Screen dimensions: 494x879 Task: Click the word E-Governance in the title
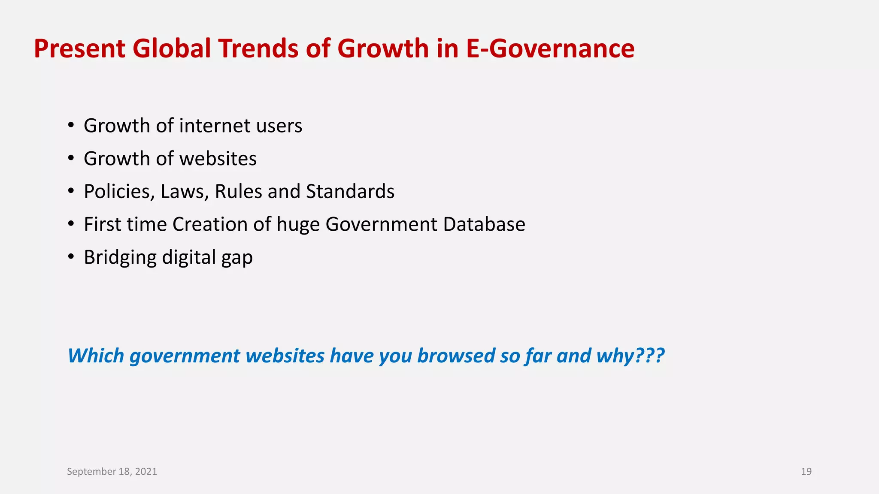point(550,48)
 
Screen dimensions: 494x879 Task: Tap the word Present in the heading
point(79,48)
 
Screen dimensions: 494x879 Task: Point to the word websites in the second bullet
point(218,159)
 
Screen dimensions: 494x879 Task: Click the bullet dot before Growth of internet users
point(71,126)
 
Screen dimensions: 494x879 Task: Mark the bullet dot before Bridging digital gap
point(71,257)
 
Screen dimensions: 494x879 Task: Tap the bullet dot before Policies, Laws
point(71,192)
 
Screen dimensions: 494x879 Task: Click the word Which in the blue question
point(96,356)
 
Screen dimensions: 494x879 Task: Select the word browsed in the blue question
point(455,356)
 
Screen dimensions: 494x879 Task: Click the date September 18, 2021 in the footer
point(112,472)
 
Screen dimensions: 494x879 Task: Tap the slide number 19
point(806,472)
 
